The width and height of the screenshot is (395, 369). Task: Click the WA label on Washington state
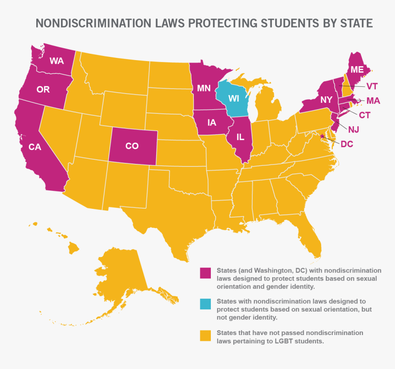point(56,61)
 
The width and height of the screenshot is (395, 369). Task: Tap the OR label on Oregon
point(43,89)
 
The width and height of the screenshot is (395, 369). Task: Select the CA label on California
point(35,147)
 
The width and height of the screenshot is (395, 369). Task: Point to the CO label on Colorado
point(132,146)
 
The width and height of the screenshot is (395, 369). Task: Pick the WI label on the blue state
point(234,99)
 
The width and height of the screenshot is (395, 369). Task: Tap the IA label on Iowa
point(212,123)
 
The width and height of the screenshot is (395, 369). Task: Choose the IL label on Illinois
point(240,137)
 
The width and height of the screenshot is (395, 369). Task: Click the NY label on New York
point(327,99)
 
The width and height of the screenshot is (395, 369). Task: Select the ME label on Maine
point(357,70)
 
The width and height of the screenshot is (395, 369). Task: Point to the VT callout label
point(372,86)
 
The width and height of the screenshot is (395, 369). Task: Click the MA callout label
point(373,101)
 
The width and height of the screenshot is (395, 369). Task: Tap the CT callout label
point(365,115)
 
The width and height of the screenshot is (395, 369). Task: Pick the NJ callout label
point(353,129)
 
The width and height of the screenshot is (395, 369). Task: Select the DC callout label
point(347,144)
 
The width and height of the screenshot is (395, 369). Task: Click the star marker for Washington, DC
point(322,136)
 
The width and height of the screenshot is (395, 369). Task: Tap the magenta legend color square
point(205,273)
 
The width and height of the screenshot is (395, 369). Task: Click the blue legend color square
point(205,304)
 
